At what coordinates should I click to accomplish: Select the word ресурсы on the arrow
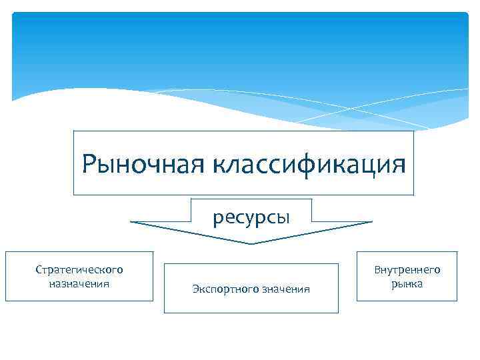click(x=251, y=217)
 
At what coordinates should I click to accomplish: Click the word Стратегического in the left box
click(x=79, y=270)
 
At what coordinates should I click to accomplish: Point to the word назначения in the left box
click(x=79, y=283)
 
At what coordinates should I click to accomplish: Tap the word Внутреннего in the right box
click(x=407, y=270)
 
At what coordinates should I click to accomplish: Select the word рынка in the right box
click(x=407, y=283)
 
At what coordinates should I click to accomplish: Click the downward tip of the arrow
click(x=251, y=243)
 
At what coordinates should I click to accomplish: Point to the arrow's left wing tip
click(x=131, y=222)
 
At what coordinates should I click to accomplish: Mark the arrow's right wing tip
click(x=371, y=222)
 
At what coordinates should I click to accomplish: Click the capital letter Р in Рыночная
click(x=89, y=163)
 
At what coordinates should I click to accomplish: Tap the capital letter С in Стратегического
click(x=39, y=270)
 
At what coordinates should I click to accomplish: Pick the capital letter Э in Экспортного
click(x=195, y=289)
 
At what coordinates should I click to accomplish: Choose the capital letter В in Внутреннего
click(x=377, y=270)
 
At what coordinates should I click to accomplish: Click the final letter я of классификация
click(x=397, y=164)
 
